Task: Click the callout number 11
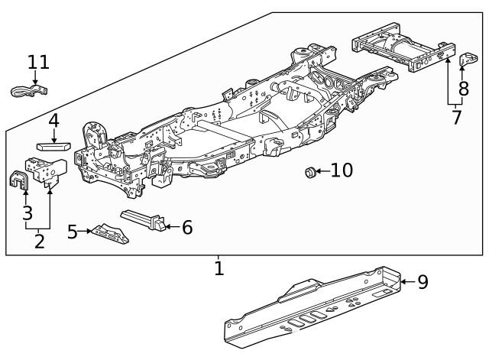(x=38, y=62)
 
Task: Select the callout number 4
(x=53, y=121)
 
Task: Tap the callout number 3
(x=28, y=212)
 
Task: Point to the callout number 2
(x=38, y=242)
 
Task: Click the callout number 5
(x=73, y=231)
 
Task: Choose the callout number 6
(x=187, y=227)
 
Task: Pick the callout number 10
(x=342, y=170)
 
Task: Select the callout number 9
(x=423, y=282)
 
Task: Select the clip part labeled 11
(x=28, y=92)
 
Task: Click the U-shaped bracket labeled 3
(x=18, y=180)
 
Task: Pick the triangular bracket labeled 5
(x=109, y=234)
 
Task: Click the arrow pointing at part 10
(x=321, y=171)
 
